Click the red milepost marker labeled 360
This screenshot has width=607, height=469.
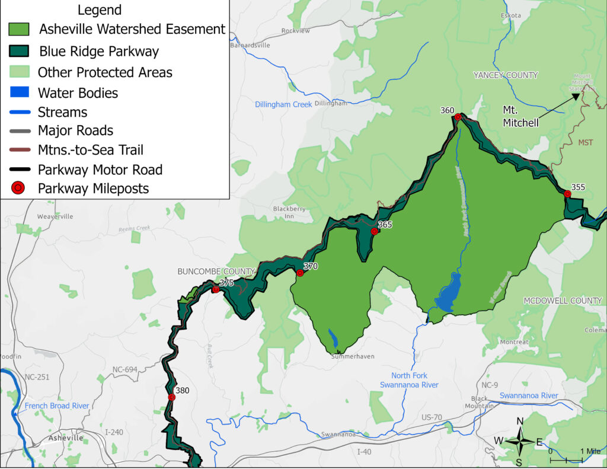(458, 117)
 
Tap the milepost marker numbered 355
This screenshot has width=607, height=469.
(567, 194)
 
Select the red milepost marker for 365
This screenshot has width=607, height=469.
(374, 231)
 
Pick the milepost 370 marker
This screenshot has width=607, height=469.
(300, 273)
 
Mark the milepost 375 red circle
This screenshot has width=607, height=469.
(216, 289)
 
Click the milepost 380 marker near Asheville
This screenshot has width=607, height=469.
(171, 397)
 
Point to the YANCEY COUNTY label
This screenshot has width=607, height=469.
(505, 75)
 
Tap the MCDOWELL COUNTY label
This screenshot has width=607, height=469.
(563, 301)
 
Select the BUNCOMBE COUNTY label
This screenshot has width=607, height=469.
(216, 272)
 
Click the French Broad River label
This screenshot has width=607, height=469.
(57, 406)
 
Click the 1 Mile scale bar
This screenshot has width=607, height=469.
(567, 458)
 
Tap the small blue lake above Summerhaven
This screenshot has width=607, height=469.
(333, 339)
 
